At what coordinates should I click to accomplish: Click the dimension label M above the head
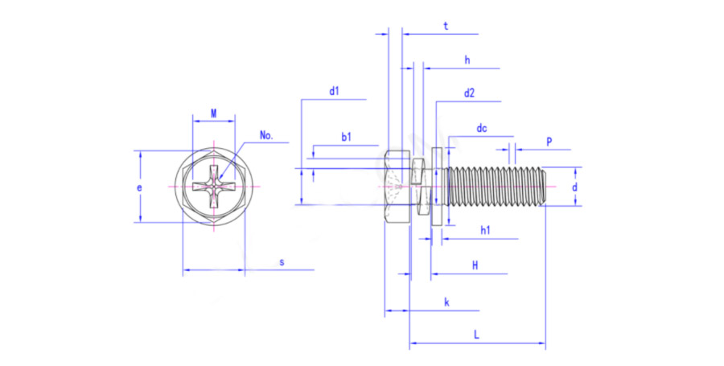213,113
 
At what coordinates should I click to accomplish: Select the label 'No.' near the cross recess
266,135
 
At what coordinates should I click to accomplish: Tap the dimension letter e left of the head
139,187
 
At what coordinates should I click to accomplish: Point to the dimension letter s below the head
282,262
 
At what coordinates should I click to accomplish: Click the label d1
334,92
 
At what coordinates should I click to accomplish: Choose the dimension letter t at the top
446,26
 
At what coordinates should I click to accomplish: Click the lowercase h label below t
467,60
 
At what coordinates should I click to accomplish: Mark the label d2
469,93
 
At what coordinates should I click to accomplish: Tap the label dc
482,128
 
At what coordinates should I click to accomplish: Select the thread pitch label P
549,142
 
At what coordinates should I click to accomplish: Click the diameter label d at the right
574,187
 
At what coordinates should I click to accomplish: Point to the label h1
485,231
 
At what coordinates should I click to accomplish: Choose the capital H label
475,265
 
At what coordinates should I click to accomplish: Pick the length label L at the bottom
477,335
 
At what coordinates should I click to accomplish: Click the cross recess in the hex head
213,187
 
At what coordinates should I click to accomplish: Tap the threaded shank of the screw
495,187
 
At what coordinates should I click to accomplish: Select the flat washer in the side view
437,187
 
